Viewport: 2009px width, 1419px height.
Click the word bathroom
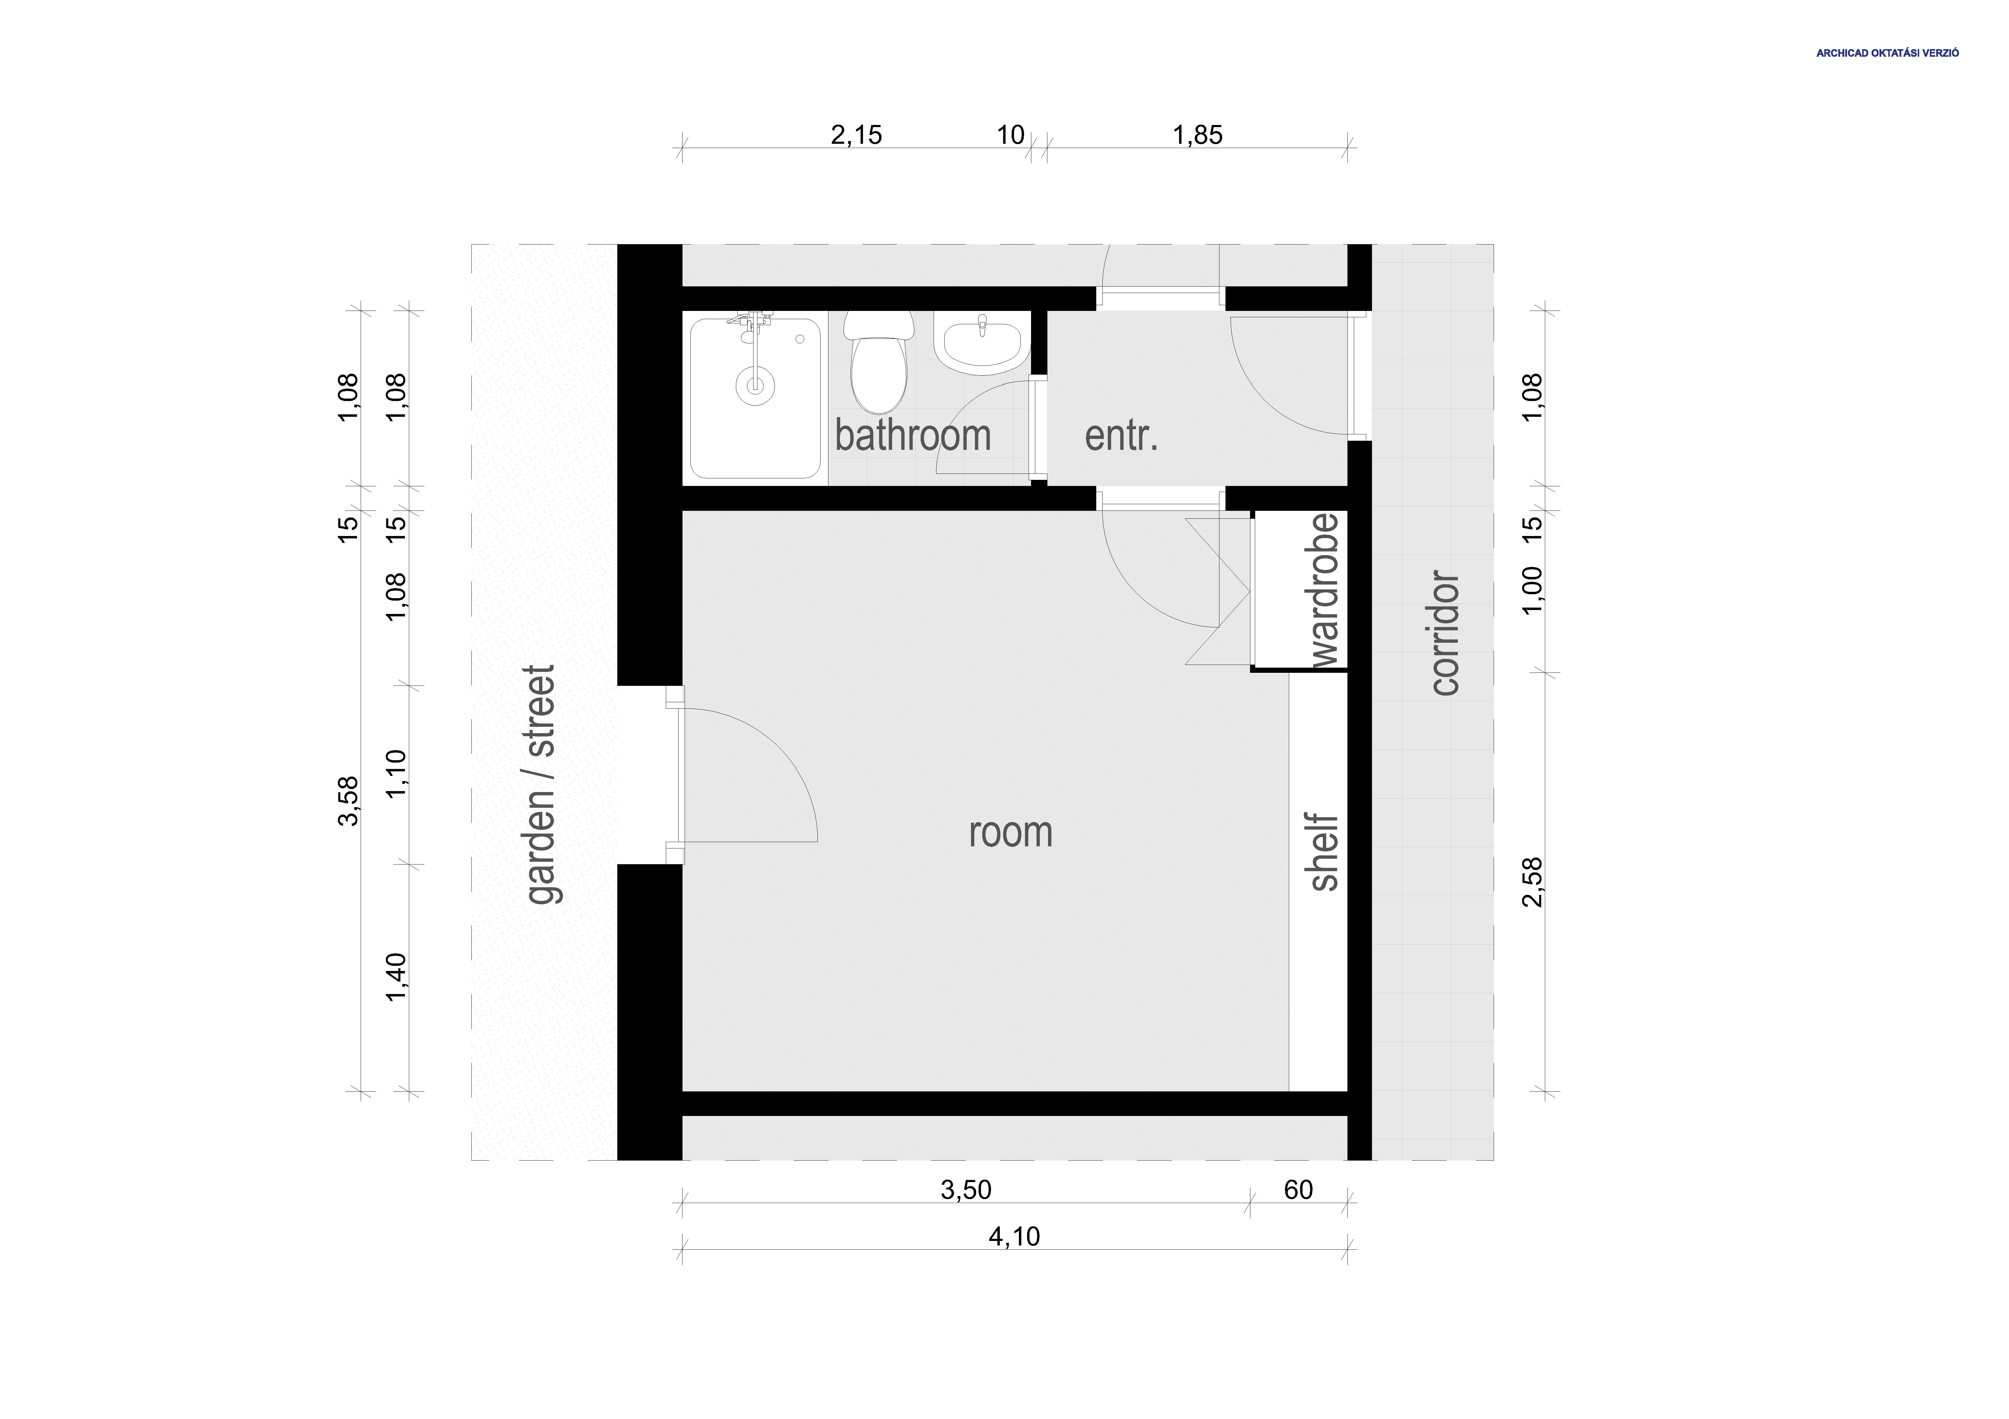click(913, 436)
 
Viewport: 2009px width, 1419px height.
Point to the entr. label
click(1121, 436)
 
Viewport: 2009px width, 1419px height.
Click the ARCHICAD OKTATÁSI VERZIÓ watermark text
click(1886, 53)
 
